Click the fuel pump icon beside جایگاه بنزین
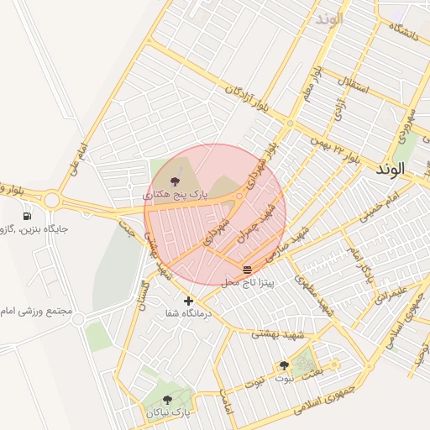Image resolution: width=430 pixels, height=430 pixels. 28,216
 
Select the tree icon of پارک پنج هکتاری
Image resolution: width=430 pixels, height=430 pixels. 175,181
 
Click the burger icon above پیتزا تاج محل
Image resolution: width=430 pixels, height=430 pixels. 247,270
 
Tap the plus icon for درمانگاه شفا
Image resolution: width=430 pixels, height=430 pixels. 188,301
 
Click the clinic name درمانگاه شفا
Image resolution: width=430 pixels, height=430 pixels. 189,313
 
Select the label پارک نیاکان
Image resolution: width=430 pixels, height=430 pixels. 173,413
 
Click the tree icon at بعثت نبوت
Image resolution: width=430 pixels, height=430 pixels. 284,365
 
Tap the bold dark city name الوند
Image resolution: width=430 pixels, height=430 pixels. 391,169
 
